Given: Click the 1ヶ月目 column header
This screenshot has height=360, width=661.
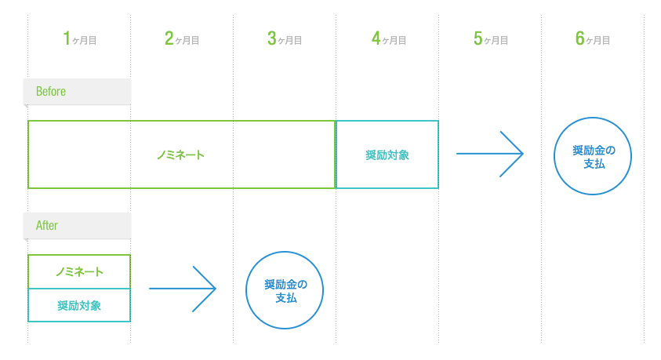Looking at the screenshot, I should (x=79, y=38).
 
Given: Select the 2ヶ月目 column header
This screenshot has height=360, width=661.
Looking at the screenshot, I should (x=182, y=38).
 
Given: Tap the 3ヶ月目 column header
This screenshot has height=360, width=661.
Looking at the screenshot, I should (x=285, y=38).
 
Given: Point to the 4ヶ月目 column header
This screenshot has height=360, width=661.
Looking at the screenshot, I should (x=387, y=38).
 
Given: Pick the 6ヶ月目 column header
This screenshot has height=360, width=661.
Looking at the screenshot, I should (x=593, y=38).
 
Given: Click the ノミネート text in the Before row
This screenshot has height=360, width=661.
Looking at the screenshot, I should (x=180, y=155).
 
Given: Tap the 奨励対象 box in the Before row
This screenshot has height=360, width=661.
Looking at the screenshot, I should (x=387, y=155).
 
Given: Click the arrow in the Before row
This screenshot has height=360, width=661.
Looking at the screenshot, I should (x=489, y=154).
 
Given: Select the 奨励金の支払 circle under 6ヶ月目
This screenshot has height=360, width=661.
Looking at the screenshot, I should (x=593, y=157).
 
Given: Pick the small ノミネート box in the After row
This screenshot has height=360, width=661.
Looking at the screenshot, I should (x=79, y=271).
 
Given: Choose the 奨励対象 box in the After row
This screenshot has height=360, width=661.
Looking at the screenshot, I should (x=79, y=306).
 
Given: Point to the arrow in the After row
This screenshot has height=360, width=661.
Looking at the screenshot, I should (x=182, y=289).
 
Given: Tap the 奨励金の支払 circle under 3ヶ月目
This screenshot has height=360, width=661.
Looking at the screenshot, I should (x=285, y=290).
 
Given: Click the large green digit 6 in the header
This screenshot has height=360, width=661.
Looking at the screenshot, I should (x=580, y=38).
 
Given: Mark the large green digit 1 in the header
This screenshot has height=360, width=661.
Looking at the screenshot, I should (x=67, y=38).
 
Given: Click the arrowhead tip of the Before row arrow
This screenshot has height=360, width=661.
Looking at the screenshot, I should (x=521, y=154).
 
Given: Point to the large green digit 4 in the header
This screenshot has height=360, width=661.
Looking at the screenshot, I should (x=376, y=38).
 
